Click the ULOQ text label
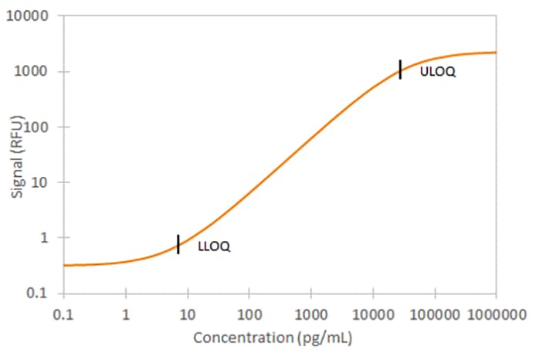coord(438,72)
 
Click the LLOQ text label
coord(214,246)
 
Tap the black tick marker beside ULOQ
coord(400,70)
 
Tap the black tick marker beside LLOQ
coord(178,244)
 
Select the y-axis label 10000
coord(27,15)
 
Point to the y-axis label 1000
coord(31,71)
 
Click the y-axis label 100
coord(35,127)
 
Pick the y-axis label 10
coord(39,182)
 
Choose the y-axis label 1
coord(44,238)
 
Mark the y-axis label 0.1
coord(37,294)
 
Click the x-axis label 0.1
coord(63,314)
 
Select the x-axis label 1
coord(126,314)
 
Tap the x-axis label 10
coord(188,314)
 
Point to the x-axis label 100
coord(249,314)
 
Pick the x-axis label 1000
coord(311,314)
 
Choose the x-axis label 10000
coord(373,314)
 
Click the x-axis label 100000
coord(435,314)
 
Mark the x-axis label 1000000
coord(497,314)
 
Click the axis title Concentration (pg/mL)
coord(273,338)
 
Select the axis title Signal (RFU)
coord(17,157)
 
